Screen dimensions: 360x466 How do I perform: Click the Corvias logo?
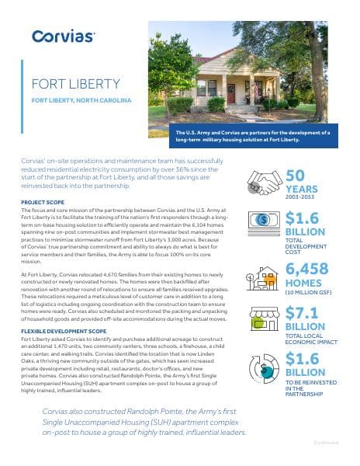(64, 36)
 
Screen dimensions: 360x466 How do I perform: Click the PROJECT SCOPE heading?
(43, 201)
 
